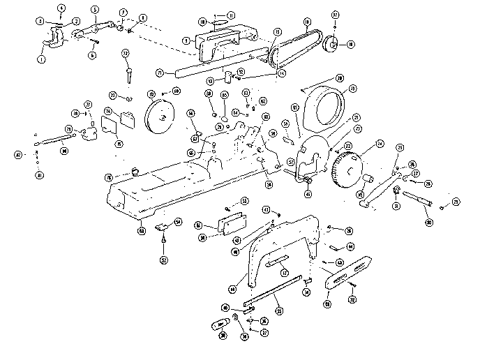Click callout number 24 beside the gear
(x=380, y=144)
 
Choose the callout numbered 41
(x=39, y=175)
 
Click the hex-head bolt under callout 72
(x=128, y=70)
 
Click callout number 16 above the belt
(x=306, y=22)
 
